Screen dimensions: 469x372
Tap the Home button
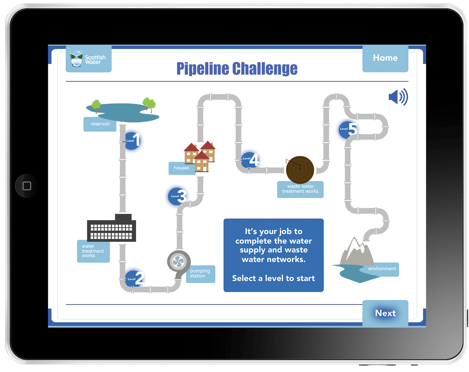[x=385, y=58]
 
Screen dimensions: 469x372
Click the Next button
[x=385, y=313]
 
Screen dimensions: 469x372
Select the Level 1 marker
[x=132, y=141]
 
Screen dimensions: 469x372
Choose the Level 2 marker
[x=135, y=278]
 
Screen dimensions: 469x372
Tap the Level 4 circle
[x=250, y=160]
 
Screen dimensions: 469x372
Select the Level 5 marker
[x=348, y=130]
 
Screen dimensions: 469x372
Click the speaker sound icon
[x=398, y=97]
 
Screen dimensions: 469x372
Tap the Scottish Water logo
[x=88, y=59]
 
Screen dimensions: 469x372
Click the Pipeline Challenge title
[x=237, y=69]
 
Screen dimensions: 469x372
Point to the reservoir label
[x=100, y=124]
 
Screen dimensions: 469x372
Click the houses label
[x=181, y=168]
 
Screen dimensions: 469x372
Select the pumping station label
[x=200, y=274]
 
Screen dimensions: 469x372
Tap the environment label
[x=382, y=269]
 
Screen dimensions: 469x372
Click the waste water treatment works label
[x=300, y=189]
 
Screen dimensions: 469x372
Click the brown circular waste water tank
[x=300, y=170]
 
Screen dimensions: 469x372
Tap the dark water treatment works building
[x=111, y=229]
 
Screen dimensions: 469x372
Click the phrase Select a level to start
[x=273, y=278]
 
